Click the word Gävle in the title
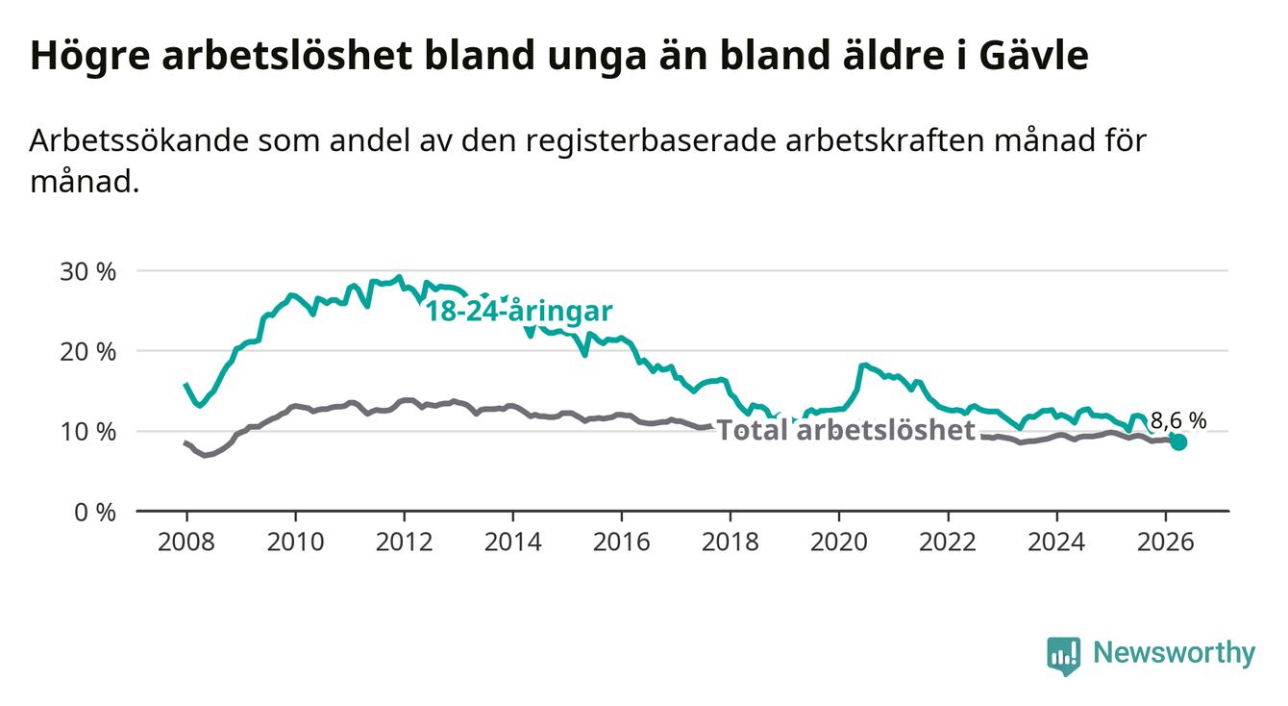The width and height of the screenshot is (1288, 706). coord(1033,55)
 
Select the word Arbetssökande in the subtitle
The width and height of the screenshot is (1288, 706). coord(139,140)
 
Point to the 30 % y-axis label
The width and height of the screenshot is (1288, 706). coord(87,271)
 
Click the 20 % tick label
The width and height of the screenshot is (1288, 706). coord(87,352)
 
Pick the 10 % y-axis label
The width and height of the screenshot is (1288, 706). coord(87,432)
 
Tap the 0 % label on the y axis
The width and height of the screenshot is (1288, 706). coord(95,512)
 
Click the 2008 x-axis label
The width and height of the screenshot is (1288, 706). coord(186,542)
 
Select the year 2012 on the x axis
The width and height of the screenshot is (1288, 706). coord(405,542)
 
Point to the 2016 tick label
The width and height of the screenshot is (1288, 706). coord(622,542)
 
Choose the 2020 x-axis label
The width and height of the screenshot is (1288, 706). coord(839,542)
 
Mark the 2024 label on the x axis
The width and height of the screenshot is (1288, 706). coord(1056,542)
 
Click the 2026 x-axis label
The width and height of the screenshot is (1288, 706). coord(1166,542)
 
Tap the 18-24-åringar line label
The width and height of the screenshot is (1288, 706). coord(519,312)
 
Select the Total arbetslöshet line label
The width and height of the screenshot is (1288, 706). coord(847,430)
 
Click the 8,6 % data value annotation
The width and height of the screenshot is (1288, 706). coord(1178,420)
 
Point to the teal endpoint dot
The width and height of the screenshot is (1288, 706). coord(1178,441)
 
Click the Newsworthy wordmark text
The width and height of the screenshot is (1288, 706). coord(1175,653)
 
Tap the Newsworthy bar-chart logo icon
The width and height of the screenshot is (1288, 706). coord(1064,656)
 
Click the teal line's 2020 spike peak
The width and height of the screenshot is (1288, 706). coord(862,365)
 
